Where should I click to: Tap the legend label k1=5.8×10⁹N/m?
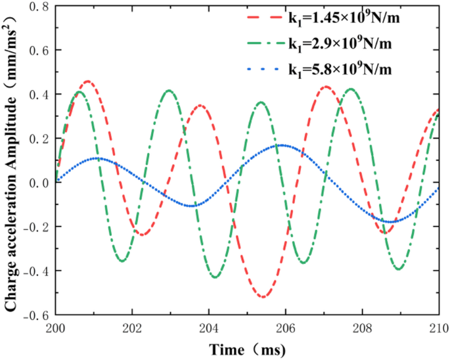343,68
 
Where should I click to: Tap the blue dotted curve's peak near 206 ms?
282,145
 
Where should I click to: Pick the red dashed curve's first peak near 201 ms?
87,81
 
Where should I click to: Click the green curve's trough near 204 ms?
215,277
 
